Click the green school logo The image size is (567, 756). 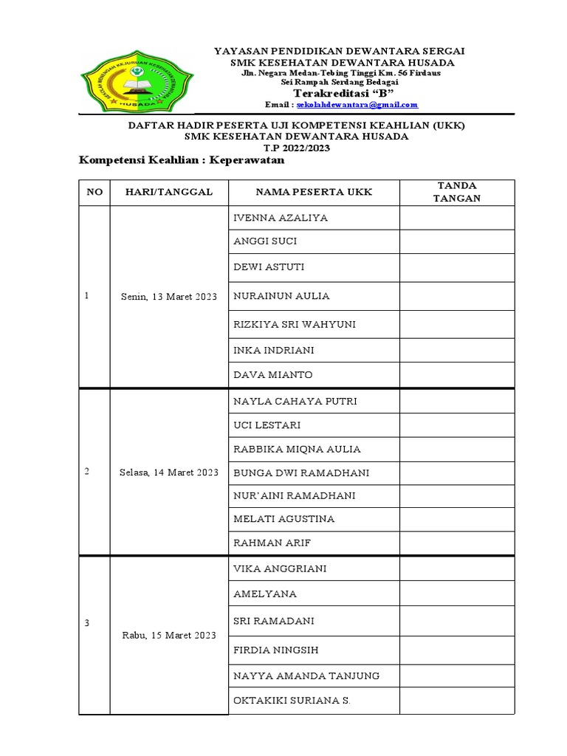(x=137, y=83)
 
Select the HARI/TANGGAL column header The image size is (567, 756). (x=168, y=192)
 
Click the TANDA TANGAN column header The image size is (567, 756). (x=457, y=192)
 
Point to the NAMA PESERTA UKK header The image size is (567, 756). (x=314, y=192)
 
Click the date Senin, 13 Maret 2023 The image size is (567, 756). (x=168, y=297)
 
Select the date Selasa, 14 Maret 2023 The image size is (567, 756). (x=168, y=472)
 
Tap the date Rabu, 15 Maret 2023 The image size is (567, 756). (x=168, y=636)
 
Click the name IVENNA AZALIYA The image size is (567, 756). (x=281, y=219)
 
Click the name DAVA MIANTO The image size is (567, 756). (x=272, y=375)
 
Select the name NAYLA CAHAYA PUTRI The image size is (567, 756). (x=295, y=402)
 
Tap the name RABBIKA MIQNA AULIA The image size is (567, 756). (x=297, y=450)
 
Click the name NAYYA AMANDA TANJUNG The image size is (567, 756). (x=306, y=676)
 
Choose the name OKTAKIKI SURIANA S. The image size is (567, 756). (x=292, y=701)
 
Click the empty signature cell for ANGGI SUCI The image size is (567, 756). (x=457, y=241)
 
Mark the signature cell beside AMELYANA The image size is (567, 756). (x=457, y=594)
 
